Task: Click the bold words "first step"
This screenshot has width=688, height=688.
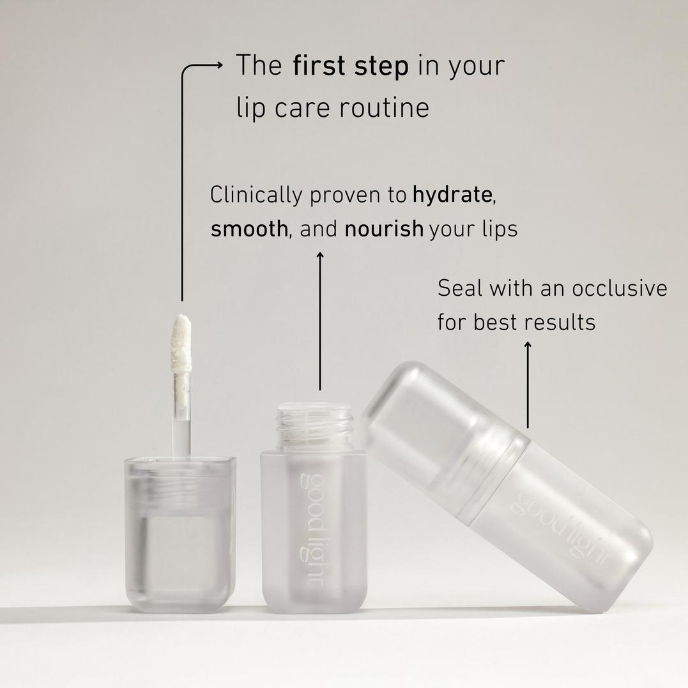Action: point(350,66)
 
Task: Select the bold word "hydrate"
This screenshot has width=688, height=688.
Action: point(452,195)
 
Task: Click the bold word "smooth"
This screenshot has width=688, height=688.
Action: point(249,229)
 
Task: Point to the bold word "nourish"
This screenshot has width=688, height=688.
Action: point(384,229)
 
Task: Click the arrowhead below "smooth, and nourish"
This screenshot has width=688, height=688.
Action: point(320,256)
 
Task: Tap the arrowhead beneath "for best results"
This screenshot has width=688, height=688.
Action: point(528,346)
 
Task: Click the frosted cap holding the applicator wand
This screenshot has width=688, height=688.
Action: point(180,530)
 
